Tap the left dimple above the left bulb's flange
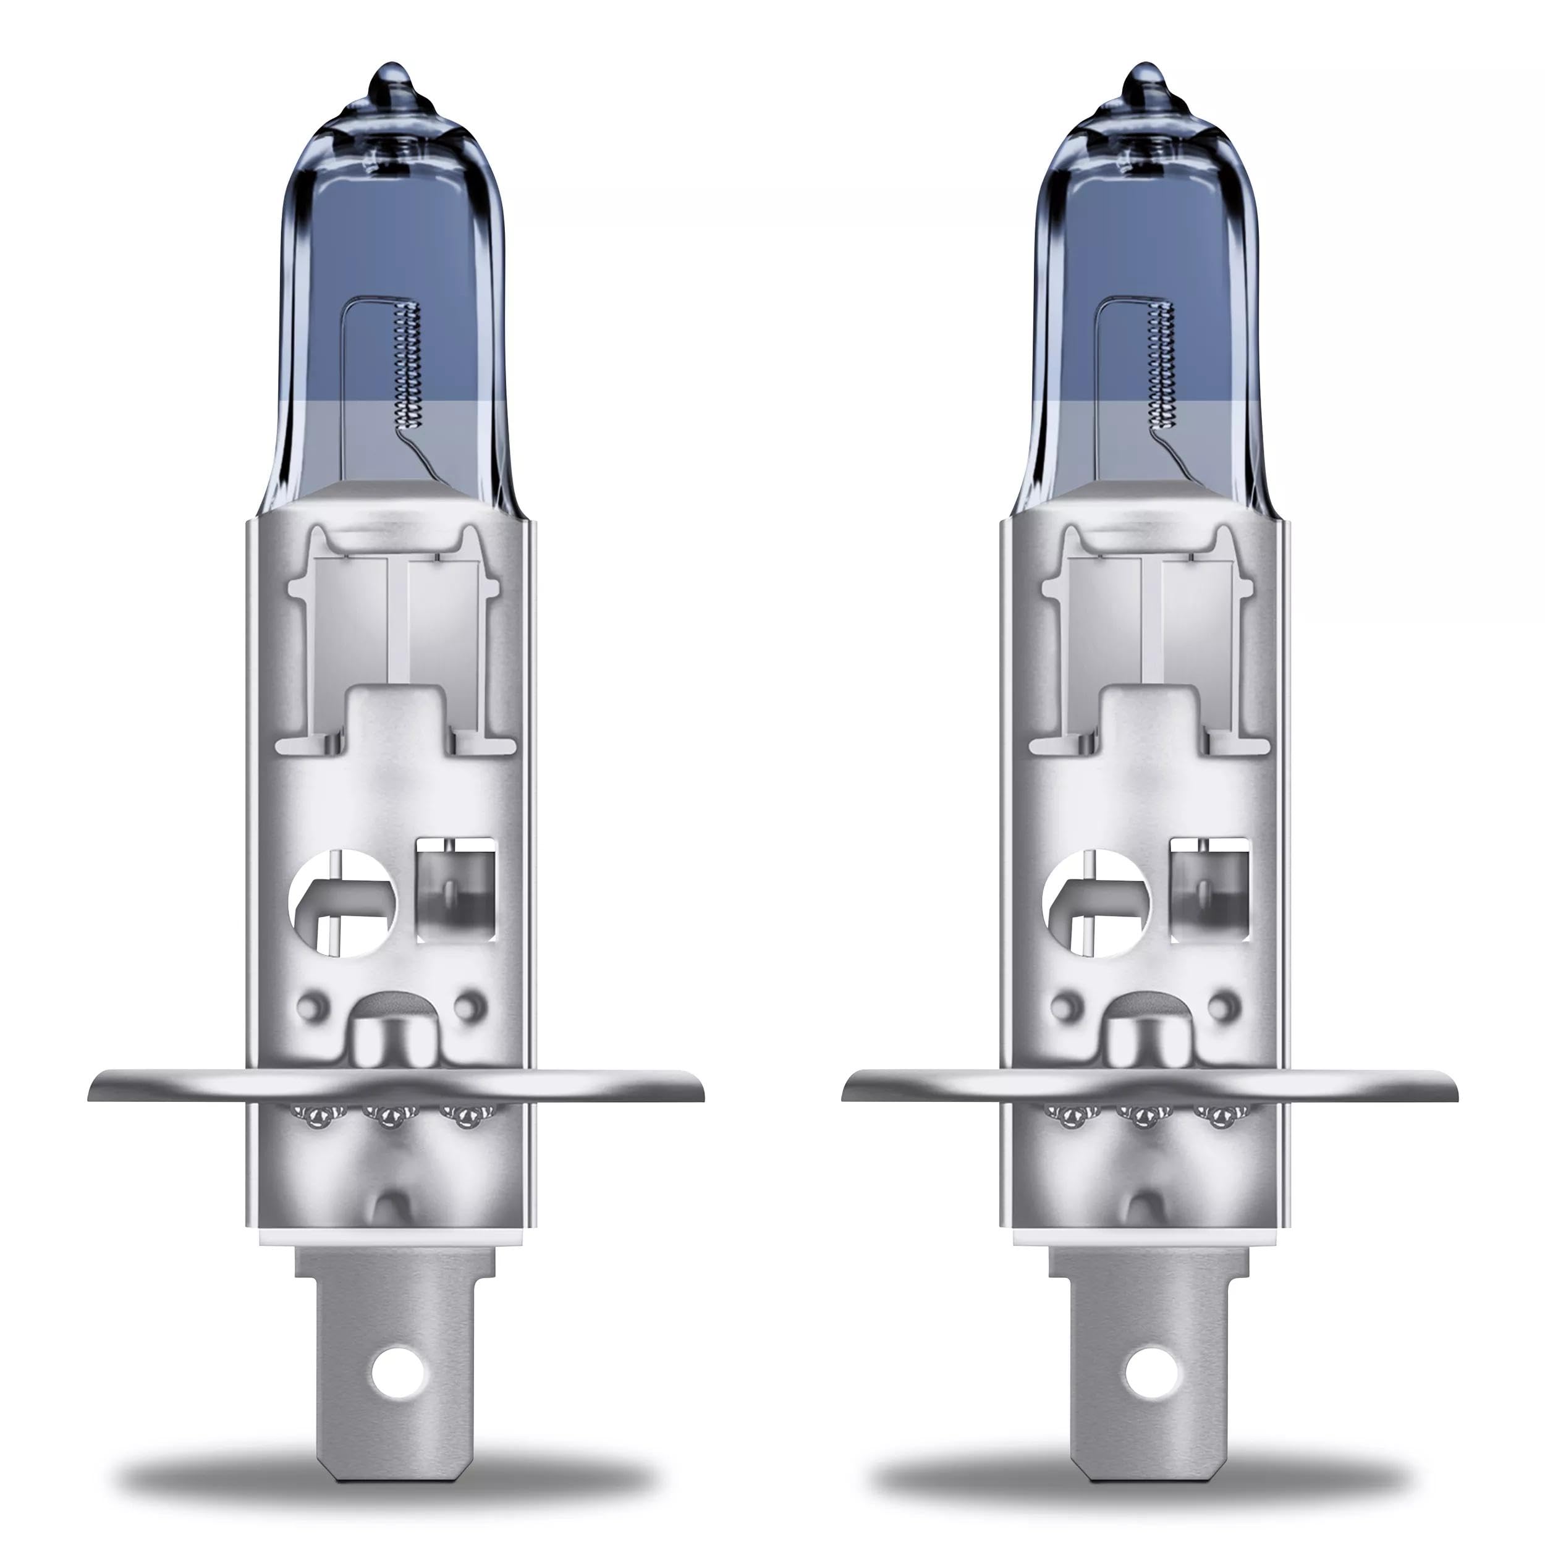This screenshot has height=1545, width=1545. pos(313,1004)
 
